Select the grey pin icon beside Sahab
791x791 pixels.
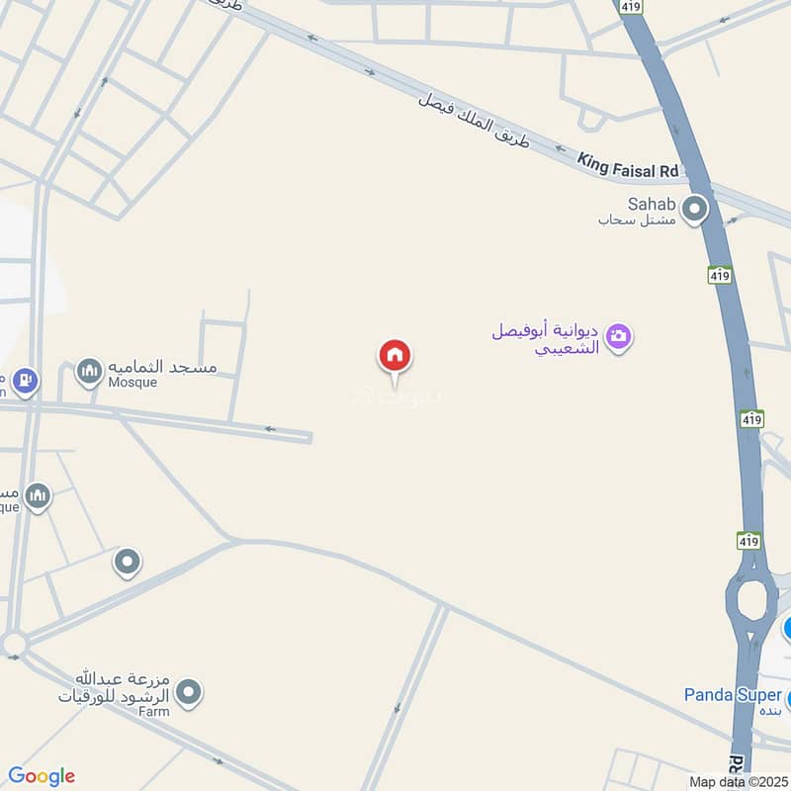pyautogui.click(x=696, y=209)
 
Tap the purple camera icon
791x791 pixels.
pyautogui.click(x=620, y=337)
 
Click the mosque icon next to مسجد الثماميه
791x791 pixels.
pyautogui.click(x=90, y=371)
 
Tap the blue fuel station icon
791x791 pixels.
pyautogui.click(x=25, y=379)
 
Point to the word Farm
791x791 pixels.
pyautogui.click(x=153, y=712)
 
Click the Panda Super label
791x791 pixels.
pyautogui.click(x=733, y=695)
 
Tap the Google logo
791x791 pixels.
pyautogui.click(x=42, y=776)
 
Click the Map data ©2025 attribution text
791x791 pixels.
pyautogui.click(x=737, y=781)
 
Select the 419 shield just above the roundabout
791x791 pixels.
pyautogui.click(x=748, y=541)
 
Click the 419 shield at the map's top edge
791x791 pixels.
pyautogui.click(x=630, y=6)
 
